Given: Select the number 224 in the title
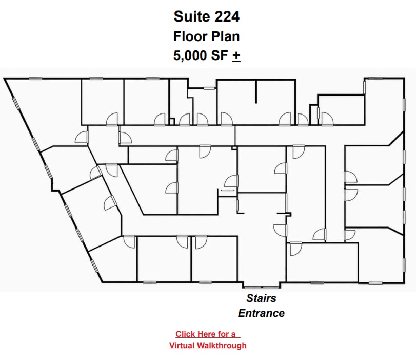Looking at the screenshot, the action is point(227,16).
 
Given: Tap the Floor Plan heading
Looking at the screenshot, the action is point(206,36).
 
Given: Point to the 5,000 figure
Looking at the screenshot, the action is point(190,56).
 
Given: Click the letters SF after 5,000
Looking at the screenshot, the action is point(220,55).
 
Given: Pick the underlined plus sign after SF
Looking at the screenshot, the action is point(236,56).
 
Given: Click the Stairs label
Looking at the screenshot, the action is point(261,298).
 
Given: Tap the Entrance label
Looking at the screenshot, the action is point(261,313).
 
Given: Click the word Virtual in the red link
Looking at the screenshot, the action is point(182,346).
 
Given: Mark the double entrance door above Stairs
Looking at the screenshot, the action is point(261,287).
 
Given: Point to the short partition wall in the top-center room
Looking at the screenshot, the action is point(256,91).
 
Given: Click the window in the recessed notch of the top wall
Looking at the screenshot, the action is point(209,88).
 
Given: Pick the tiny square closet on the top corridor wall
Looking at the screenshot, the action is point(172,122).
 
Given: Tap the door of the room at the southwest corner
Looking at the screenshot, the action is point(129,241).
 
